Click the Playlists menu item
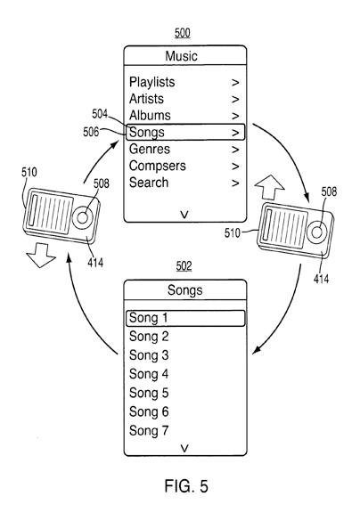click(152, 82)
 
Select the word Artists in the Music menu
click(146, 99)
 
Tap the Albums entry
click(150, 116)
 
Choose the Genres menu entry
click(150, 149)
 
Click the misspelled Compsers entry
click(158, 166)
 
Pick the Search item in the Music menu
click(149, 183)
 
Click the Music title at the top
click(182, 56)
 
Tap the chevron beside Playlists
click(235, 83)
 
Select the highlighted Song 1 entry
click(185, 318)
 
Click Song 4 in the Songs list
click(149, 374)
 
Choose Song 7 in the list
click(149, 430)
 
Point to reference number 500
click(183, 33)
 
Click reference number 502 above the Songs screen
click(184, 266)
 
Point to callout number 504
click(100, 114)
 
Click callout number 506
click(91, 132)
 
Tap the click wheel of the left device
click(82, 217)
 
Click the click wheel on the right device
click(316, 232)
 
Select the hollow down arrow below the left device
click(41, 256)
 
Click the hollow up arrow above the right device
click(269, 187)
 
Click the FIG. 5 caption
click(185, 486)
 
